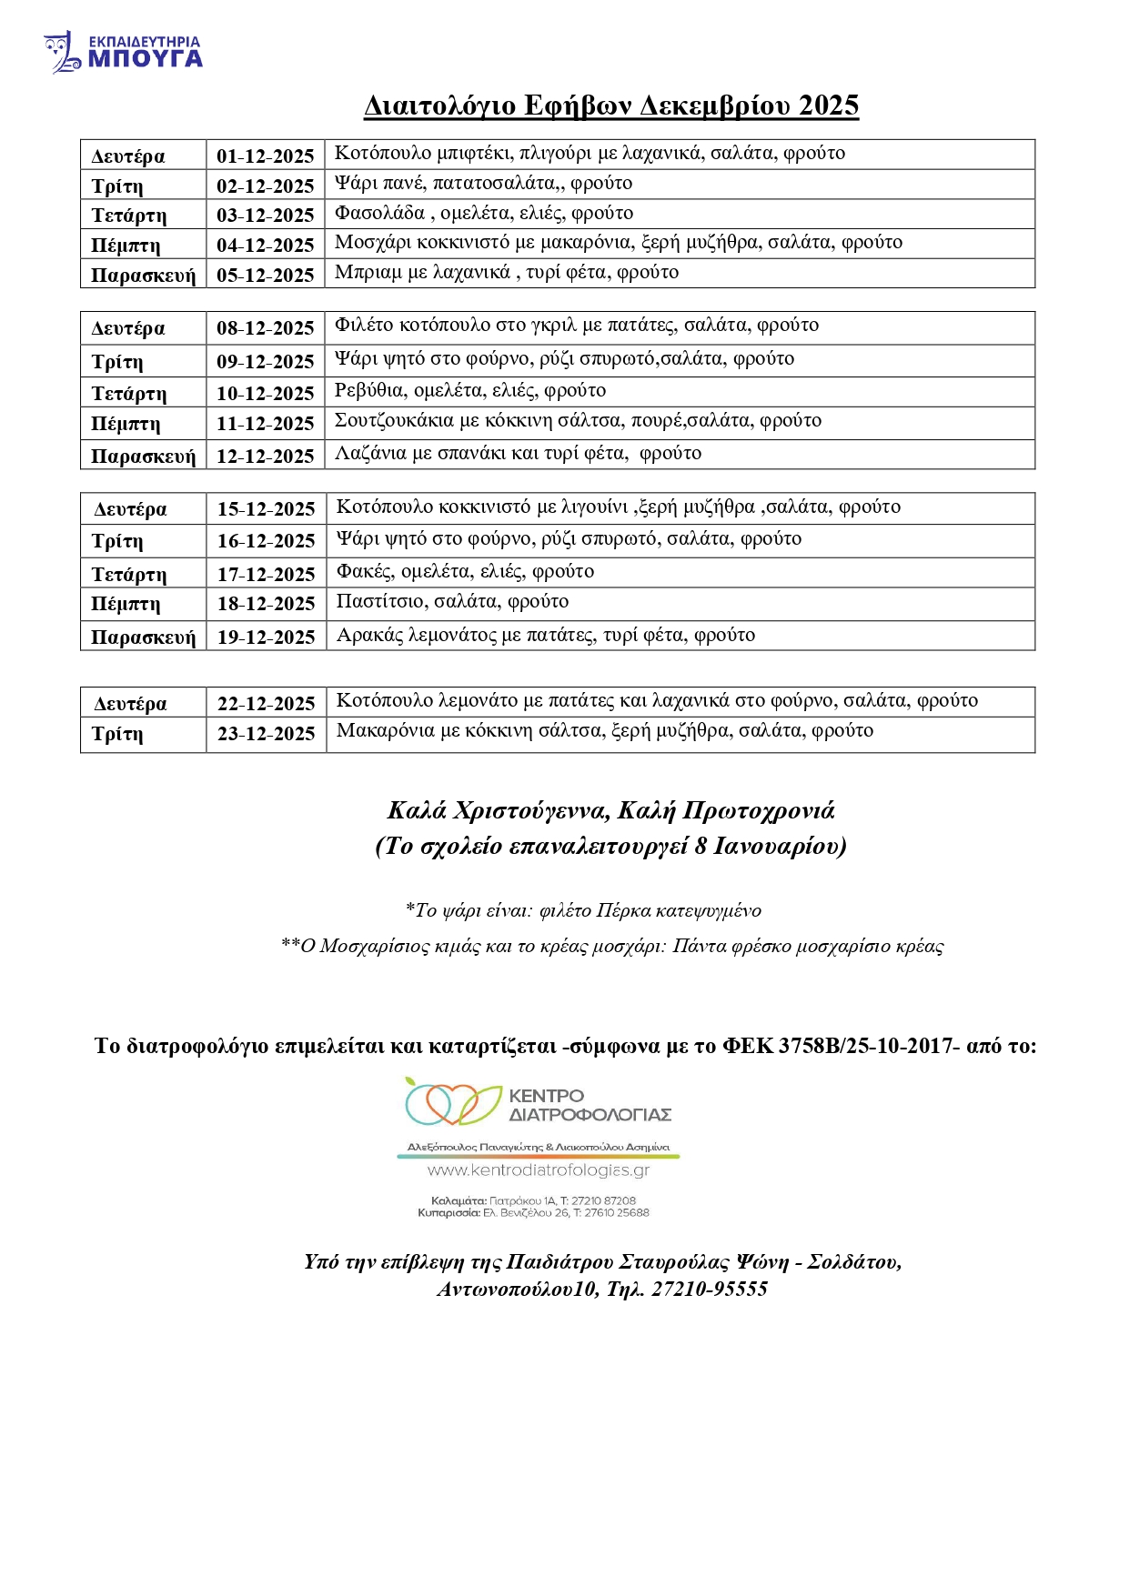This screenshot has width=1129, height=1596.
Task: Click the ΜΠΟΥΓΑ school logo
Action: click(123, 53)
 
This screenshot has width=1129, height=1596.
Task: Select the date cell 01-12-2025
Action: click(265, 156)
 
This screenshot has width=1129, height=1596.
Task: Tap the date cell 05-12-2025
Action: click(265, 275)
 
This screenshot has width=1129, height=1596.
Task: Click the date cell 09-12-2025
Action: click(265, 362)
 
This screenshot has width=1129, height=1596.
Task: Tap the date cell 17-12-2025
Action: click(266, 575)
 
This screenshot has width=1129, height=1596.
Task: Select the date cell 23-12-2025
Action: click(266, 734)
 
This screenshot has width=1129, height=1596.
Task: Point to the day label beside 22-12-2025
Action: click(130, 704)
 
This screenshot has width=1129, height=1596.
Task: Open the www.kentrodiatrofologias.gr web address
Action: click(539, 1170)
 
